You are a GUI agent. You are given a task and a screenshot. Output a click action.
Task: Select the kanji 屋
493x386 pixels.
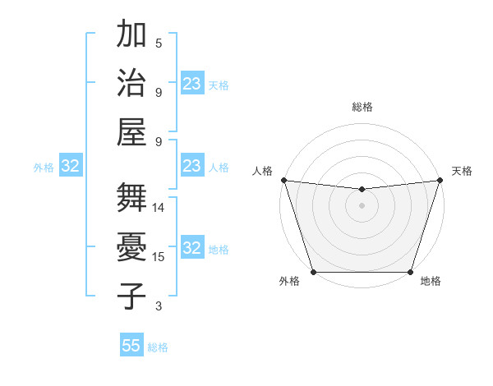pos(131,131)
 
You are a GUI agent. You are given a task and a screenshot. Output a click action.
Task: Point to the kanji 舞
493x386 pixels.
pos(131,197)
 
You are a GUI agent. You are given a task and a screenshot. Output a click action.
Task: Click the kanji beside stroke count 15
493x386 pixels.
pos(131,246)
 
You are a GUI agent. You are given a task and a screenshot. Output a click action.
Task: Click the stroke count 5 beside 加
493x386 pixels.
pos(159,44)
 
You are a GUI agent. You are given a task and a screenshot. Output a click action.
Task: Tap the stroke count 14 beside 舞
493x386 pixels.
pos(159,208)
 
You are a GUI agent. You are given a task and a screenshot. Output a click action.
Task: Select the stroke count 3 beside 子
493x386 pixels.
pos(159,306)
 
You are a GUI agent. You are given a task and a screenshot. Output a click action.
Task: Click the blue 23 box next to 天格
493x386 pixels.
pos(192,84)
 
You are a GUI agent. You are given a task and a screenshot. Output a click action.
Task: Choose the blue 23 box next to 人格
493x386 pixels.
pos(192,166)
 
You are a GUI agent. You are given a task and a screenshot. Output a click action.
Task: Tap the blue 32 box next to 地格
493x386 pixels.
pos(192,248)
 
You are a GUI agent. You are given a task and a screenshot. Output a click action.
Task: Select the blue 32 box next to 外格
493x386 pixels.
pos(71,166)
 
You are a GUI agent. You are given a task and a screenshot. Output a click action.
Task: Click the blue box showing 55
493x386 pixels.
pos(131,346)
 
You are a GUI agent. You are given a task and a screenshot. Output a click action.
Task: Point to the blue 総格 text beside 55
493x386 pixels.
pos(158,347)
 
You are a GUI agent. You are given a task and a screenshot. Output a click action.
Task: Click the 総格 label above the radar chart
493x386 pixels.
pos(362,107)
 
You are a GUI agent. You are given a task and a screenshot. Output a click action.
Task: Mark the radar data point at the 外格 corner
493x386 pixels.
pos(313,272)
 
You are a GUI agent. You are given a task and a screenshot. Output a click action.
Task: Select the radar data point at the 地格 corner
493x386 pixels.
pos(411,272)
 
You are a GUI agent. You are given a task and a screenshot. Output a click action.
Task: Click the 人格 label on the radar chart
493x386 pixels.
pos(262,171)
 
